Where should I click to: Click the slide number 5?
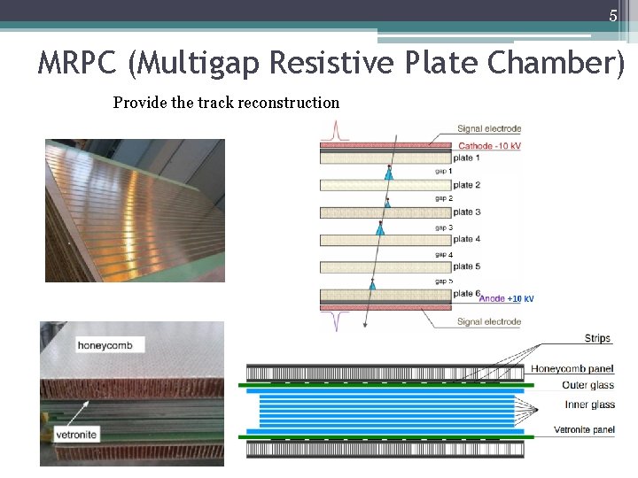[612, 15]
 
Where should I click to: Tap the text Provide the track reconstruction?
[226, 103]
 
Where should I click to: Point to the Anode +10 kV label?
[506, 299]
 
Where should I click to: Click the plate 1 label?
[466, 158]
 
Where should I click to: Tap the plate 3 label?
[466, 212]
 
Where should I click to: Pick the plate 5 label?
[466, 266]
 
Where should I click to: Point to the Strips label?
[597, 339]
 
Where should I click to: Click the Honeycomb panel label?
[572, 369]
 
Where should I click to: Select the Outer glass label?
[587, 386]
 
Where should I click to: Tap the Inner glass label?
[589, 405]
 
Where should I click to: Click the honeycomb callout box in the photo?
[111, 345]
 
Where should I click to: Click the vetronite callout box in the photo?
[101, 436]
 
